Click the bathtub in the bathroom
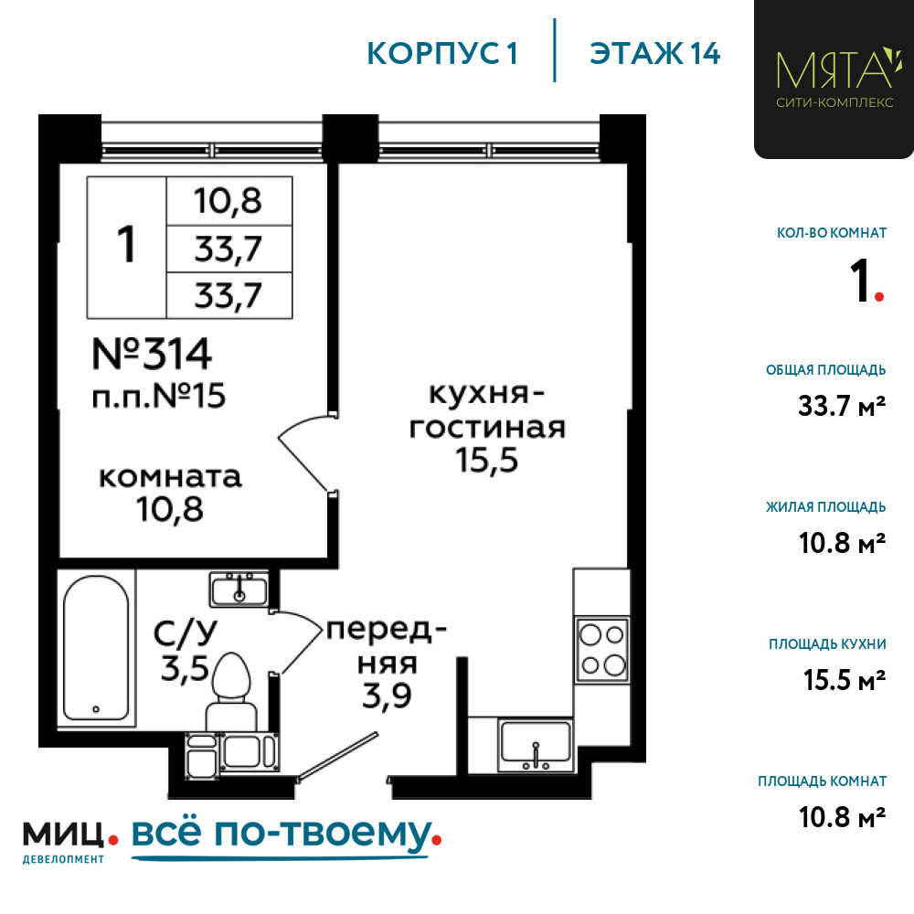point(96,648)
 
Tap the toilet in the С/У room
point(231,691)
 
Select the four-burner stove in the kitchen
point(602,649)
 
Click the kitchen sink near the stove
point(536,744)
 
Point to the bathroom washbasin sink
point(239,590)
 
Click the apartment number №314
point(152,354)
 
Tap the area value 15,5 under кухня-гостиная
point(487,460)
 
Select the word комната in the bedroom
point(170,477)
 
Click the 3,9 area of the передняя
point(387,696)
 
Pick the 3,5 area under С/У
point(185,668)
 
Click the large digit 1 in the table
point(126,244)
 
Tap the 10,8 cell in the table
point(228,201)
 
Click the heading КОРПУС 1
point(442,54)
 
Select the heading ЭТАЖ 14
point(655,54)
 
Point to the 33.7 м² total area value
point(843,406)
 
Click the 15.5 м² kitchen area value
point(845,680)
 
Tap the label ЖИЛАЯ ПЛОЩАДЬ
point(826,507)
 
